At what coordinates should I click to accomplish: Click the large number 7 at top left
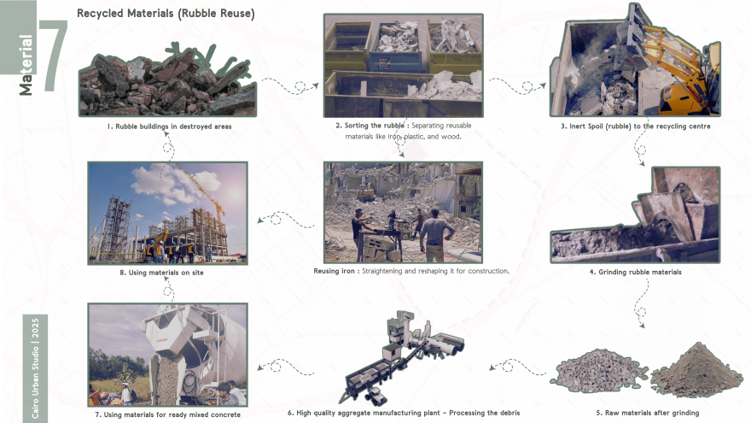click(x=54, y=56)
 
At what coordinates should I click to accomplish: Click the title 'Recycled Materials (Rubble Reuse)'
click(x=166, y=14)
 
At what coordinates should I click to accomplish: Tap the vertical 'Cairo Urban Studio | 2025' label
click(x=36, y=367)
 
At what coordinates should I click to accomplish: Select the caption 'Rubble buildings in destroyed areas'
click(x=173, y=126)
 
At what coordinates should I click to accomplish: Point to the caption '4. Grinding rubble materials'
click(x=635, y=272)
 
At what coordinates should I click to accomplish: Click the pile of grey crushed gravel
click(x=600, y=370)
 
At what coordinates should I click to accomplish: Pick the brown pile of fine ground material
click(x=697, y=370)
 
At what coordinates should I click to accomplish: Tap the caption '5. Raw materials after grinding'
click(x=648, y=413)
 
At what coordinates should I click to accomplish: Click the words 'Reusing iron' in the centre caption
click(x=334, y=271)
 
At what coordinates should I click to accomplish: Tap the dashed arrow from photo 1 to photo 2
click(x=290, y=85)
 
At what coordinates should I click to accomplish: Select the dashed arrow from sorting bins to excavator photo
click(x=517, y=85)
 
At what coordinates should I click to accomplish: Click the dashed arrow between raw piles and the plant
click(x=517, y=367)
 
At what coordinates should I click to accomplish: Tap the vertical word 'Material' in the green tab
click(x=26, y=65)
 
